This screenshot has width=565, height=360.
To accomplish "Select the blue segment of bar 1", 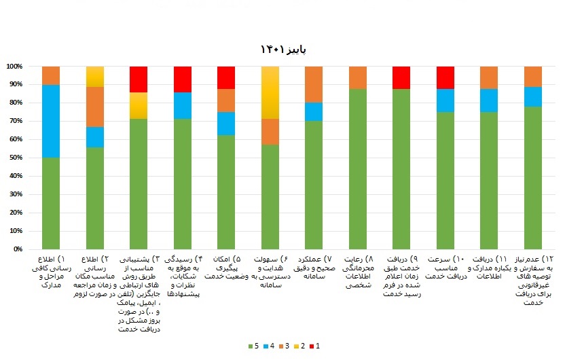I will click(51, 121).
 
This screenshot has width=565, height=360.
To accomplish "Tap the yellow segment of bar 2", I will click(95, 77).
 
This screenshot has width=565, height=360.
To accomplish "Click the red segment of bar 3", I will click(139, 79).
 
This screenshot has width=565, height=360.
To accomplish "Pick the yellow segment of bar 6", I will click(270, 92).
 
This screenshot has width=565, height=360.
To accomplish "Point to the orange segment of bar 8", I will click(358, 77).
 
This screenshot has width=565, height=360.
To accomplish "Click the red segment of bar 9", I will click(401, 77).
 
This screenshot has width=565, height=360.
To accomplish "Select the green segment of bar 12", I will click(533, 178).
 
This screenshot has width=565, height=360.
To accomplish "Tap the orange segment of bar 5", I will click(226, 101).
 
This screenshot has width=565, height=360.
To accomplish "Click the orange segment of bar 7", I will click(314, 84).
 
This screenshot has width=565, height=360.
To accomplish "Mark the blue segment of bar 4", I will click(183, 106).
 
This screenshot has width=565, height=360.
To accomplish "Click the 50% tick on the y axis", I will click(14, 158).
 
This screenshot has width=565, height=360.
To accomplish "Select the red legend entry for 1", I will click(314, 346).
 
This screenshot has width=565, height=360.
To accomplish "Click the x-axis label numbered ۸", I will click(358, 272).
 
